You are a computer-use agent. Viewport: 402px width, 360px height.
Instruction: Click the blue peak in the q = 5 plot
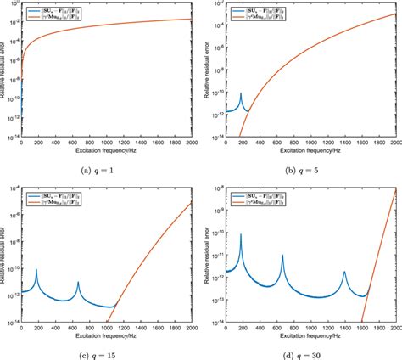point(242,93)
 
